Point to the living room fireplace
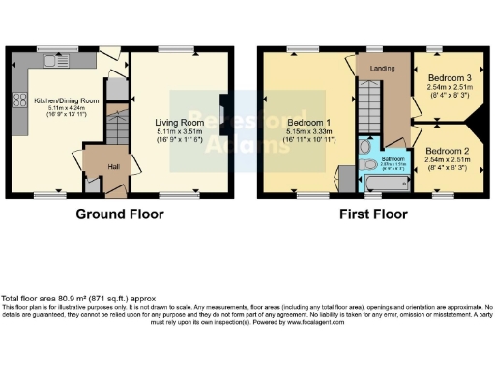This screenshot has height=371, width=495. coord(223,108)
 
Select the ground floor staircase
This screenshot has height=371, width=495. coord(116,126)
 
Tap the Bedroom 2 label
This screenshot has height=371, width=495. coord(447,152)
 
